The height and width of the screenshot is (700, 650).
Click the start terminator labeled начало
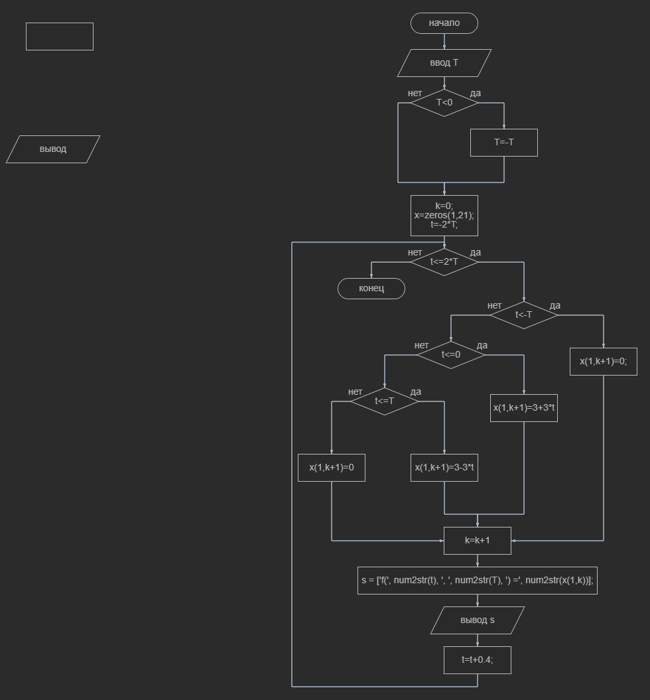444,23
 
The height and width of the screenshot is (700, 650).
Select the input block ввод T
444,63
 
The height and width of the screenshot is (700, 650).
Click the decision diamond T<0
444,103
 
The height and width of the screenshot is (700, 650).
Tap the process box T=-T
503,143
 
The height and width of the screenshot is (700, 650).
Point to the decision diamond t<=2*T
444,261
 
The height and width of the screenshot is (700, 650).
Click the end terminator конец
371,289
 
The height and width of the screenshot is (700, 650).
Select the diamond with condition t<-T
523,315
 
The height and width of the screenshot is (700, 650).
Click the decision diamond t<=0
450,355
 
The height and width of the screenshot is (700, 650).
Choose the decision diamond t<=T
384,401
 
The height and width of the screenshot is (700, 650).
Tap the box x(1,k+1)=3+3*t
523,408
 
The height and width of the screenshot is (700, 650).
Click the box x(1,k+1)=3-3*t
444,468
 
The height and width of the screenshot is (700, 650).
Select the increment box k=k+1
477,541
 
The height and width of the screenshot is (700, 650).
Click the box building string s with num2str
477,581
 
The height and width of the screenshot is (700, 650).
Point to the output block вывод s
477,620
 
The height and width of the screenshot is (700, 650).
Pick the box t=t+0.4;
477,660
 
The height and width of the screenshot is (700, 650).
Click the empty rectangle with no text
60,36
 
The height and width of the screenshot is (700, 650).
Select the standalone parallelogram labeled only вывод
53,149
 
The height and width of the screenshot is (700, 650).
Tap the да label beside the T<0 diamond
475,94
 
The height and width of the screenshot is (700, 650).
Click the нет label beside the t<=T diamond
355,391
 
